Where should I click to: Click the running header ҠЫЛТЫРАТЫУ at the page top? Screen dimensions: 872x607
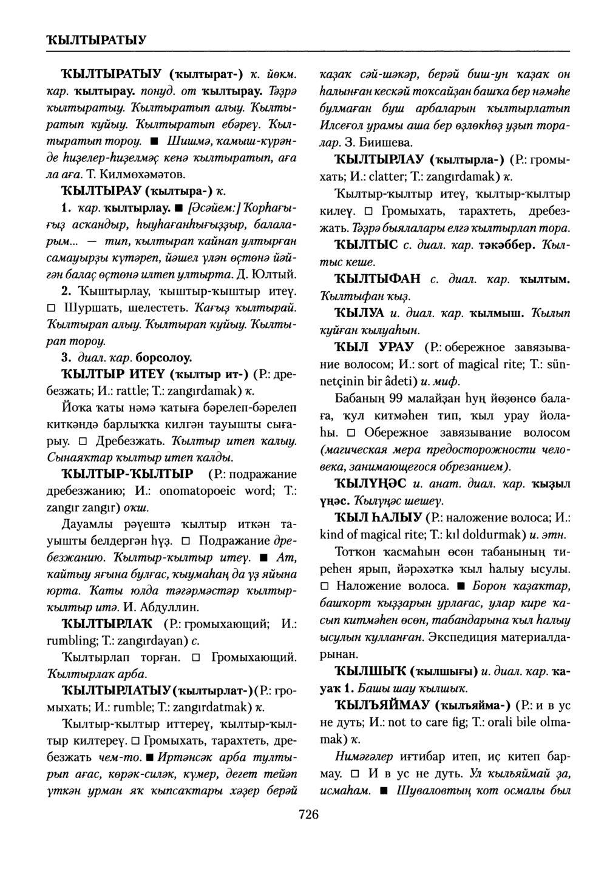click(x=94, y=41)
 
